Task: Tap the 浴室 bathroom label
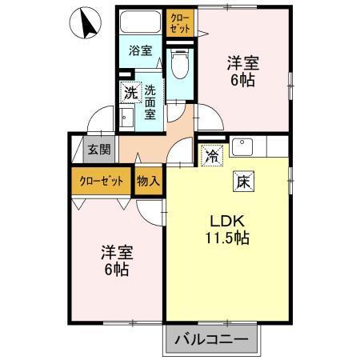point(141,50)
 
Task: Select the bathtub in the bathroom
point(141,23)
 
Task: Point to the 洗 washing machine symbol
point(130,92)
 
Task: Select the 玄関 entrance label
point(99,150)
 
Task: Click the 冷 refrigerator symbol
point(210,154)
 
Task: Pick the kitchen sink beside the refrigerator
point(242,146)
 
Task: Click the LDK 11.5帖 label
point(226,229)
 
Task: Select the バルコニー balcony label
point(213,339)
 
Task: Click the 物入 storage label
point(149,181)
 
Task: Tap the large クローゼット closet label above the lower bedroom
point(101,181)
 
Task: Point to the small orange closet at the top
point(179,22)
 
